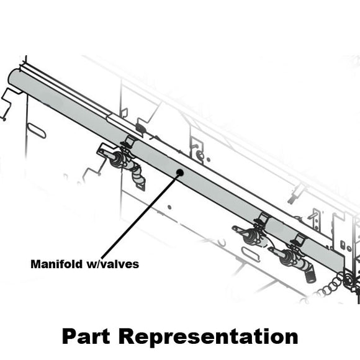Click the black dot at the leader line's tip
(179, 174)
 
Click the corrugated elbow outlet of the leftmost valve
(138, 178)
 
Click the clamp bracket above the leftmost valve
(129, 142)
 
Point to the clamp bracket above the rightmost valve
(299, 239)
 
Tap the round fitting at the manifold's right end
(348, 281)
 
